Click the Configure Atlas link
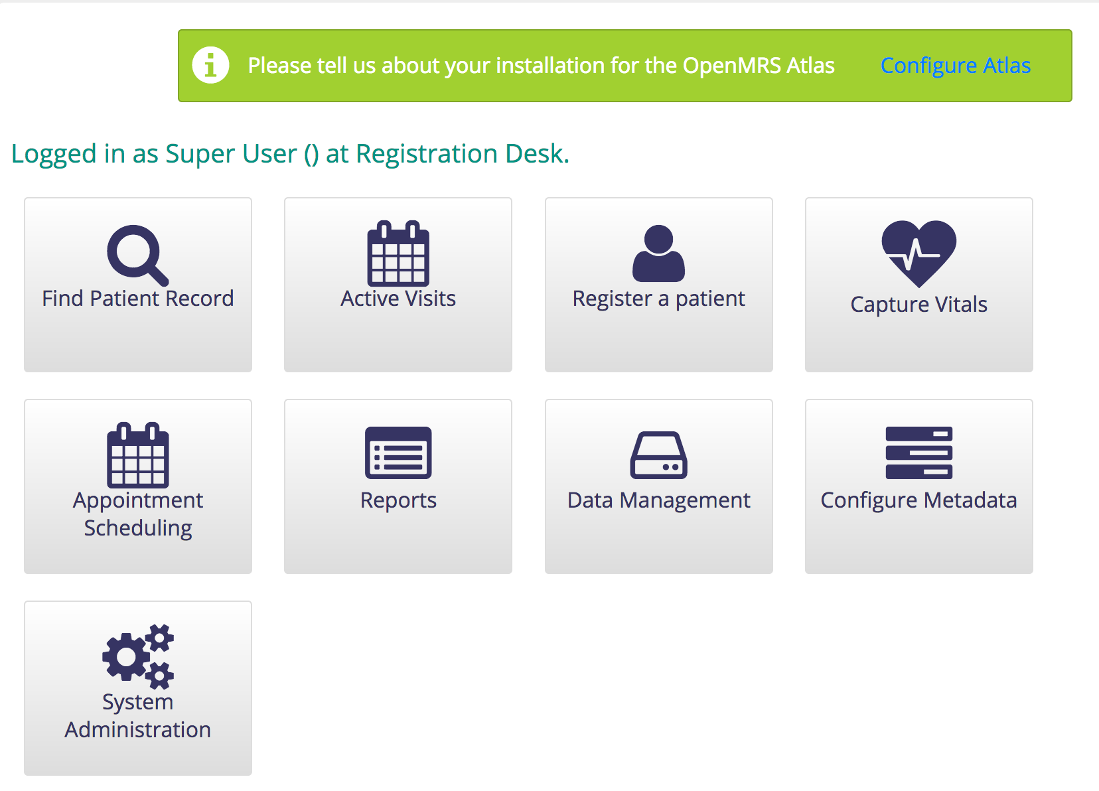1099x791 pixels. (x=955, y=66)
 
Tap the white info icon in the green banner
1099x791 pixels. (x=210, y=65)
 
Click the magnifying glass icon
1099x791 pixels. (x=137, y=255)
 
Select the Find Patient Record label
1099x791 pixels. (x=138, y=299)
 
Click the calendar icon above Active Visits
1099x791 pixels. (x=398, y=253)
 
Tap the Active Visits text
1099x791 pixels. (x=398, y=299)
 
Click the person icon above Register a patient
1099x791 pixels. (x=658, y=253)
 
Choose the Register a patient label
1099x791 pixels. (x=658, y=299)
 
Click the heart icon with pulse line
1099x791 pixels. (x=918, y=253)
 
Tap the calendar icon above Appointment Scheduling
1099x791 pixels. (x=137, y=455)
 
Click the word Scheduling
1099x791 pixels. (x=138, y=529)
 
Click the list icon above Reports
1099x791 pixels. (x=398, y=453)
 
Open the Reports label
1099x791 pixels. (x=398, y=501)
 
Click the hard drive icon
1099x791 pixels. (x=658, y=455)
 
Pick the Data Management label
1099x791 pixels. (x=658, y=501)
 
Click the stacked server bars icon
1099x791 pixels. (x=918, y=453)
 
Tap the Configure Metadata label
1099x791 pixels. (x=918, y=501)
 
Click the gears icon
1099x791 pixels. (x=138, y=656)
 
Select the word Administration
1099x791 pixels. (x=138, y=730)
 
